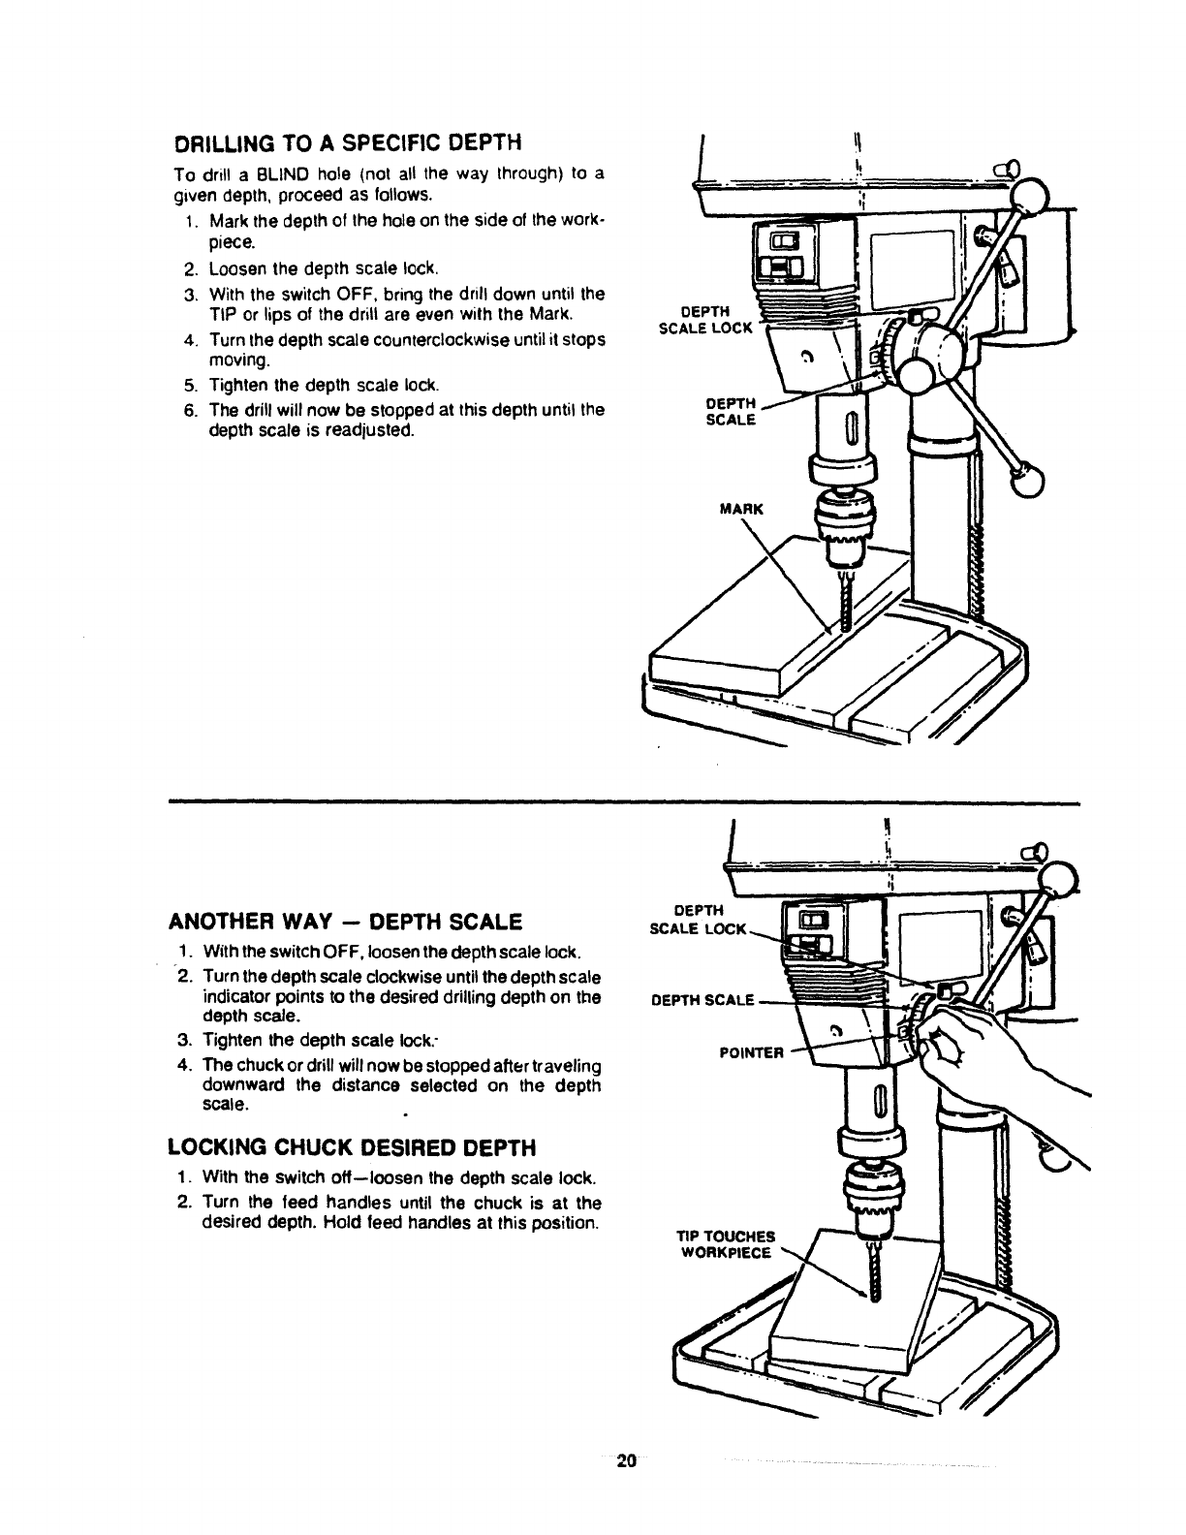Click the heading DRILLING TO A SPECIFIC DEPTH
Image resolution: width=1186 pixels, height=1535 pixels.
tap(347, 143)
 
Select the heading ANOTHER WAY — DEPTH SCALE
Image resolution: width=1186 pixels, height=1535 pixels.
tap(346, 920)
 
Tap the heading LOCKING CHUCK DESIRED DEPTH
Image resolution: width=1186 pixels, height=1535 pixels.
tap(352, 1148)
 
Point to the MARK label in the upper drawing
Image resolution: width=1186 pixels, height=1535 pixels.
tap(741, 508)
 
